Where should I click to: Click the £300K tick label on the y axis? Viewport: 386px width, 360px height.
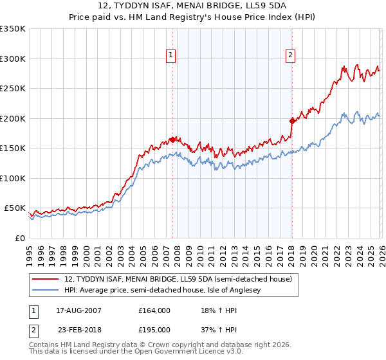pos(13,59)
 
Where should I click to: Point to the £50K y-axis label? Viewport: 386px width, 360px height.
pos(15,208)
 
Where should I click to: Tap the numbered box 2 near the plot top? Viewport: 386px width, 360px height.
pos(291,56)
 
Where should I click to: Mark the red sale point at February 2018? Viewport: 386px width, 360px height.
pos(292,121)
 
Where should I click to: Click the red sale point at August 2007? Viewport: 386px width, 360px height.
pos(172,139)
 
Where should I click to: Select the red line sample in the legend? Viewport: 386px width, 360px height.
pos(46,279)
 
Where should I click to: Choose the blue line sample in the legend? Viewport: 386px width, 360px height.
pos(46,291)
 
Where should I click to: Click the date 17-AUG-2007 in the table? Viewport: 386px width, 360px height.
pos(75,310)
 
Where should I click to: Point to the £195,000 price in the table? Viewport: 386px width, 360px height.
pos(154,330)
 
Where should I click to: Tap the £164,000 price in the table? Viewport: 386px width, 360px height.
pos(154,310)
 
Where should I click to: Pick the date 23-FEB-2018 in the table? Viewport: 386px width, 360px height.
pos(75,330)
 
